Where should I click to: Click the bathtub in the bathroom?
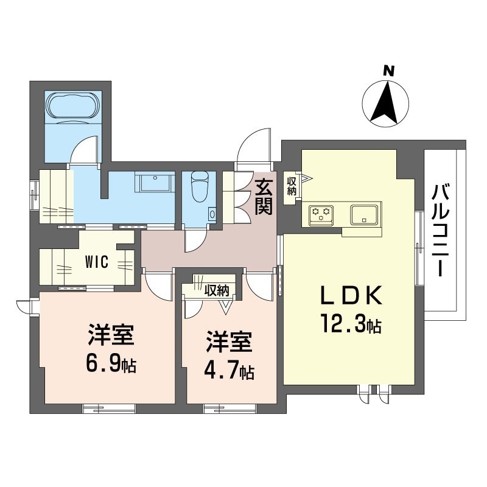tap(73, 105)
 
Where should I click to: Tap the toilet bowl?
tap(199, 186)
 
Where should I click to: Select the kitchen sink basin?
tap(363, 214)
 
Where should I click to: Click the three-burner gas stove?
tap(321, 215)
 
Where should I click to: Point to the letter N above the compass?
tap(388, 71)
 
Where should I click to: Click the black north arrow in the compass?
tap(385, 102)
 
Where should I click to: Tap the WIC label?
tap(97, 262)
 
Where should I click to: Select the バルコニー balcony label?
tap(441, 230)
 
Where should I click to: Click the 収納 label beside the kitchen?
tap(292, 186)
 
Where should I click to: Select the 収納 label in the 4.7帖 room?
tap(217, 290)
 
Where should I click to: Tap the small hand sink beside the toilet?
tap(212, 214)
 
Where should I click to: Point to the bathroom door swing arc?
tap(83, 150)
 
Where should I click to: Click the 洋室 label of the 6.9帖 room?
tap(111, 335)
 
